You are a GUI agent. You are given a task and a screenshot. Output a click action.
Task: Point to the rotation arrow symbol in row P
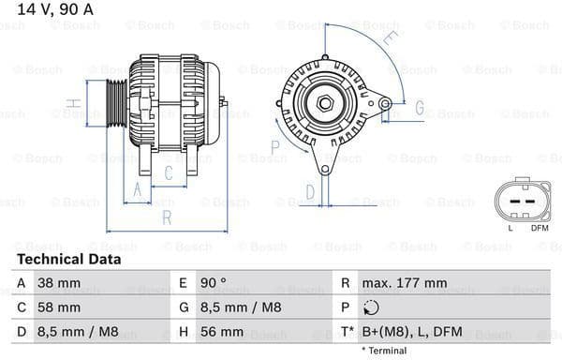[371, 307]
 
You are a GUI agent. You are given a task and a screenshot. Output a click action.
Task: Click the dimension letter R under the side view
[166, 218]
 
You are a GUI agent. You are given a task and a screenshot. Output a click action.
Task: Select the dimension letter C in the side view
[168, 172]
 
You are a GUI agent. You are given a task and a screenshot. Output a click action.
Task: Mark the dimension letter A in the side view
[138, 190]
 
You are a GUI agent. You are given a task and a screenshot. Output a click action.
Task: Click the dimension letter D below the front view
[310, 193]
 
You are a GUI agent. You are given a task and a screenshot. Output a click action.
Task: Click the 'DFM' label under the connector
[540, 227]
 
